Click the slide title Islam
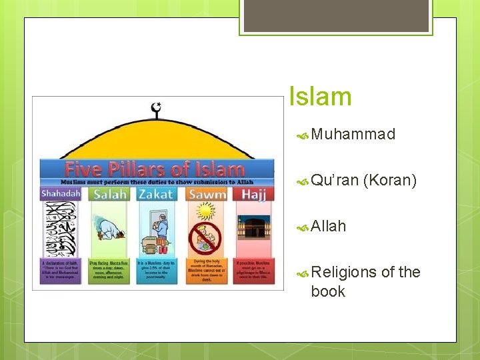tap(320, 97)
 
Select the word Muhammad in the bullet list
tap(353, 135)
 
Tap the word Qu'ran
tap(335, 180)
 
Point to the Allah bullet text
tap(329, 226)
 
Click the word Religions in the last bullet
tap(343, 272)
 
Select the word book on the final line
tap(328, 291)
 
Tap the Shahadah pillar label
tap(61, 193)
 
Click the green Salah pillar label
tap(111, 194)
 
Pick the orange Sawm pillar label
tap(206, 194)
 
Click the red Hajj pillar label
tap(253, 194)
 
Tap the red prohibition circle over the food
tap(205, 237)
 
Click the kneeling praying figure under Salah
tap(109, 230)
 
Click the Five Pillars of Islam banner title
tap(154, 168)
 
